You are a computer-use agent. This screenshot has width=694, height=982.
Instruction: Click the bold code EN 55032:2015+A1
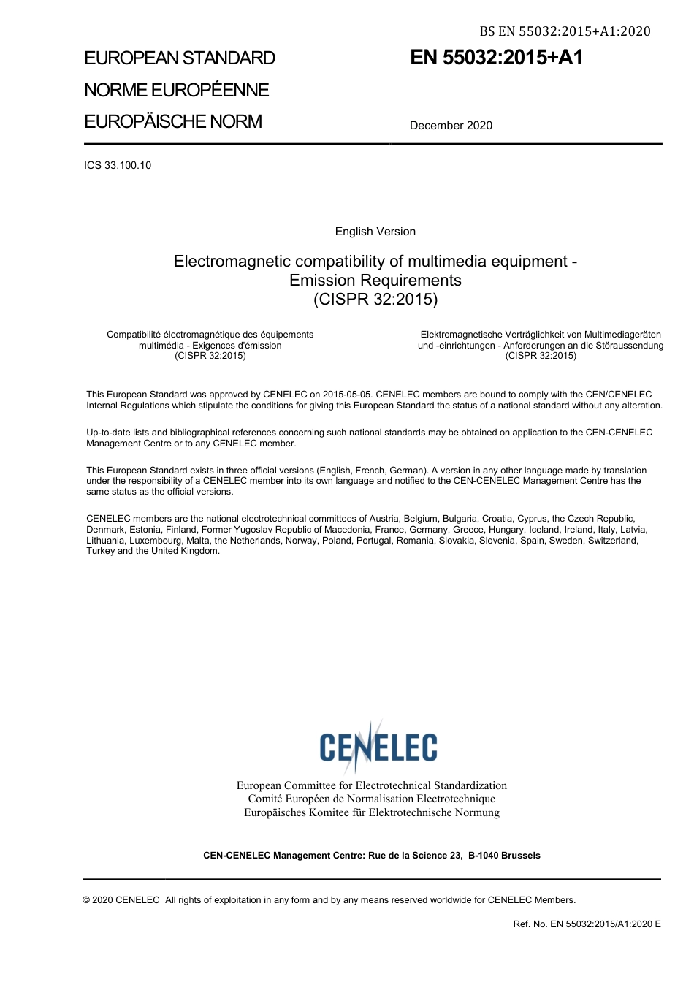[496, 58]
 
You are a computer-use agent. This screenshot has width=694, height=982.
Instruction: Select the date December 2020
[451, 126]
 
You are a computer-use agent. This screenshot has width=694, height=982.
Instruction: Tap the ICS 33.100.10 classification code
[118, 165]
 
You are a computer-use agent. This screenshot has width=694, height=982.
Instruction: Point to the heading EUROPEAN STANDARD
[180, 58]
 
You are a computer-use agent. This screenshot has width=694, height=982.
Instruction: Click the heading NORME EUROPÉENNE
[176, 91]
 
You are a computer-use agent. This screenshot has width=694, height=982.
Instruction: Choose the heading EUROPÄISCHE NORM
[172, 122]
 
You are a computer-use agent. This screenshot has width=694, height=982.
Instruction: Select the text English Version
[375, 232]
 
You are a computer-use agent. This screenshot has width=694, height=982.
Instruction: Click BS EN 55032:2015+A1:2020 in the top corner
[565, 31]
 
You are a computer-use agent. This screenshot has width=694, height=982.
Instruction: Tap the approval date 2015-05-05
[348, 395]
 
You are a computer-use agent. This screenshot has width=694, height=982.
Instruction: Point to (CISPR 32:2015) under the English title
[375, 299]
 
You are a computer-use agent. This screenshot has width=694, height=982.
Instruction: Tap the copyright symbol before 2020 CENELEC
[86, 900]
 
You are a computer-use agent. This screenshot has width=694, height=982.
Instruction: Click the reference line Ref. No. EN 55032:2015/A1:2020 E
[587, 924]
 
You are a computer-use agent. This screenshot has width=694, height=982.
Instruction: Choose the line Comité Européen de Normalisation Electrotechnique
[371, 799]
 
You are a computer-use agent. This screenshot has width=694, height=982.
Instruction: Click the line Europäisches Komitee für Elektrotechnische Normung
[371, 812]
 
